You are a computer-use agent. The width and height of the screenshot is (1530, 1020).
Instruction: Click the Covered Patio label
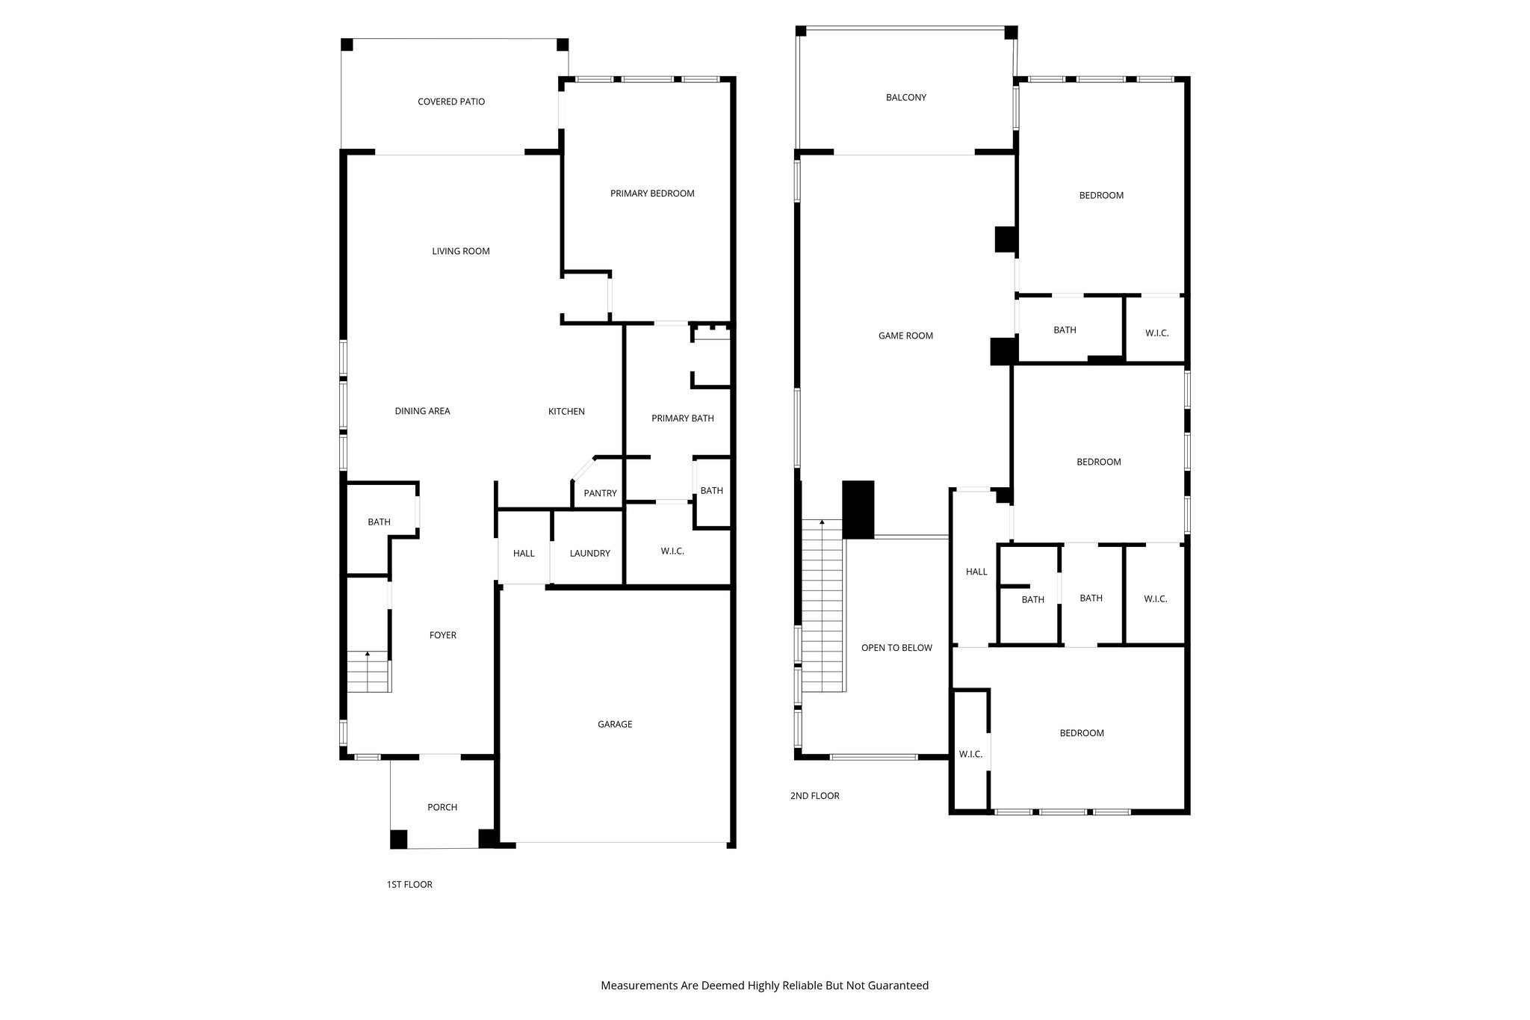(x=451, y=102)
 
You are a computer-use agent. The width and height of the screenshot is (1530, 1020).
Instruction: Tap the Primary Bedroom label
(x=652, y=194)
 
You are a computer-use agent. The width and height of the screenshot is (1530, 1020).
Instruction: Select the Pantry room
(x=600, y=493)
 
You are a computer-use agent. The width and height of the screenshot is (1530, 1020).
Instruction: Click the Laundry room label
(x=589, y=554)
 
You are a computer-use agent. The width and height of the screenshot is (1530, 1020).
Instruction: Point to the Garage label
(x=615, y=724)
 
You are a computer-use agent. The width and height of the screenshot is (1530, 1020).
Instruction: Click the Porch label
(x=442, y=807)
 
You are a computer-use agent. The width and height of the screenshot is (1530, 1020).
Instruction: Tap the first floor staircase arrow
(x=368, y=655)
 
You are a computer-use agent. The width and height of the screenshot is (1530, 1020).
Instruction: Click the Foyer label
(x=442, y=635)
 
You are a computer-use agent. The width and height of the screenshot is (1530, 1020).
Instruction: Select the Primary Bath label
(x=682, y=418)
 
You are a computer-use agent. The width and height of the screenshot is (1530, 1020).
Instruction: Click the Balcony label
(x=905, y=98)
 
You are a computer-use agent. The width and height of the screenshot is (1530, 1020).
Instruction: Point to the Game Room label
(x=905, y=336)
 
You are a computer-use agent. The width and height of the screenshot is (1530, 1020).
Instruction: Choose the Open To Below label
(x=896, y=648)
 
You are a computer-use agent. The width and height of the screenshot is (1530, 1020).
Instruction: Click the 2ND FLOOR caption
(x=814, y=796)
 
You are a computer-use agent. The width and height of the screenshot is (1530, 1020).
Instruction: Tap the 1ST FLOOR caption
(x=409, y=885)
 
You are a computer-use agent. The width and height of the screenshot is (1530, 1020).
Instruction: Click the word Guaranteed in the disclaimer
(x=899, y=986)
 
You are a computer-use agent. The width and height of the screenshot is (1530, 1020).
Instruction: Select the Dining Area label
(x=422, y=411)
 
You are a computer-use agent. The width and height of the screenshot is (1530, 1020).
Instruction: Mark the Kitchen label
(x=566, y=412)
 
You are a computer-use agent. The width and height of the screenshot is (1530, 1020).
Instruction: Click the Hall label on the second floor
(x=976, y=572)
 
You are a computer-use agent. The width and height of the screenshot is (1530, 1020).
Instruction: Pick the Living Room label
(x=460, y=251)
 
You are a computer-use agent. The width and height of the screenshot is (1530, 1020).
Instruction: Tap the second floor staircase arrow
(x=822, y=522)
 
